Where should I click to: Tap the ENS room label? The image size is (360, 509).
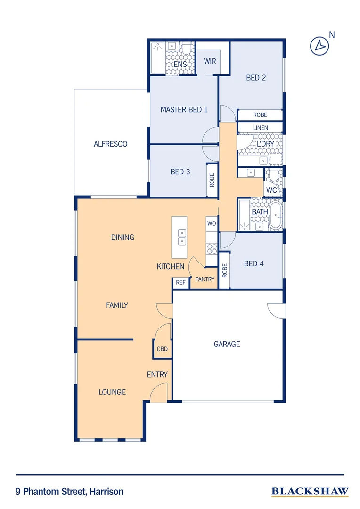pos(180,64)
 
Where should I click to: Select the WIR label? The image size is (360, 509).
pos(210,61)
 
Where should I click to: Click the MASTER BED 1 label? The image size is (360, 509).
pos(184,110)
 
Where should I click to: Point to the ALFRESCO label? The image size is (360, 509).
pos(110,144)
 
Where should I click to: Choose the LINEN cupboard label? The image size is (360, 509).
pos(260,128)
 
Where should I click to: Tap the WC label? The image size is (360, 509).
pos(271,190)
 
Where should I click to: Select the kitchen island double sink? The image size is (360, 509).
pos(182,237)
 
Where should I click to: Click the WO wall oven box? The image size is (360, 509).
pos(212,223)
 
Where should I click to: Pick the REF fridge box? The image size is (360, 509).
pos(180,283)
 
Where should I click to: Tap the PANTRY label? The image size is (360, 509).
pos(205,279)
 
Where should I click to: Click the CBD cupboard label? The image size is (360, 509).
pos(162,349)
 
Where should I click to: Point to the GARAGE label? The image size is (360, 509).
pos(227,344)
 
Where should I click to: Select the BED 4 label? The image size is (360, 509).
pos(254,264)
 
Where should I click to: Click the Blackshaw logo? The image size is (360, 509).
pos(310,492)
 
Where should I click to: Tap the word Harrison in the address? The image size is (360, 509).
pos(106,492)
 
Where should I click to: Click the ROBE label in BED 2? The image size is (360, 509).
pos(260,115)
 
